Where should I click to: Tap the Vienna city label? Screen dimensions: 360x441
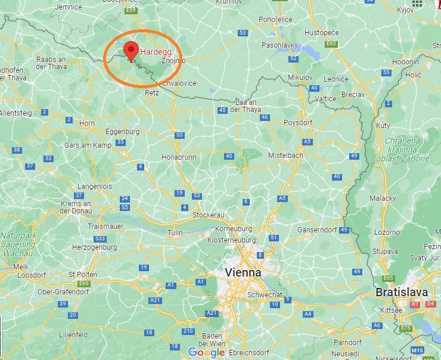243,272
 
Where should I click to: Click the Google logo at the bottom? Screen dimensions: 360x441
206,352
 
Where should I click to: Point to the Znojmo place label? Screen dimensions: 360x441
173,60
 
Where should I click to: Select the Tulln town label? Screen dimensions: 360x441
175,232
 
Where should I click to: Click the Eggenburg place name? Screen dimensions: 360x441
122,131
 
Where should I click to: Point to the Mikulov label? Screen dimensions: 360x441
300,77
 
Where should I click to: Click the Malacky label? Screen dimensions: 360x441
383,198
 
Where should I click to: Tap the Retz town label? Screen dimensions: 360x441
152,93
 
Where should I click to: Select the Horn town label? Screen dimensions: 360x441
87,123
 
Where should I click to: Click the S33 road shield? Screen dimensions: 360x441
100,238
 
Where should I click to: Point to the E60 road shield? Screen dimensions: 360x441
84,283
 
